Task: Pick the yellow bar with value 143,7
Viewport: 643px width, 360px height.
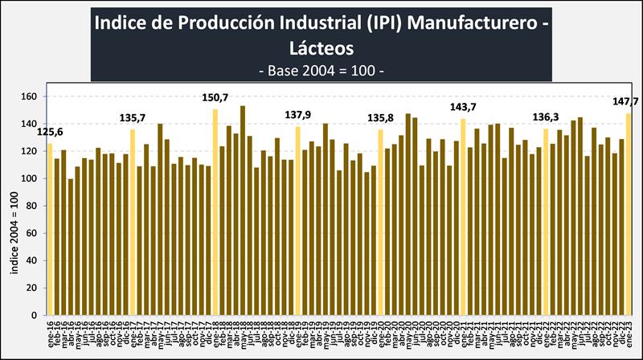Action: [x=463, y=217]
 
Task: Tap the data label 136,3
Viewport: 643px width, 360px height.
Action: [x=547, y=117]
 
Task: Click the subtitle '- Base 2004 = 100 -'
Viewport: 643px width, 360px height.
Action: [x=321, y=70]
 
